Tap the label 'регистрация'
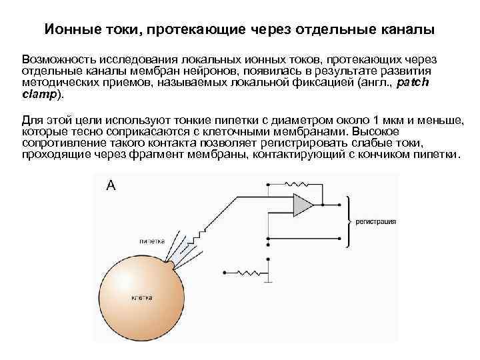376,219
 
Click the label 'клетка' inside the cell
142,297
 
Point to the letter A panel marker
111,186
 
